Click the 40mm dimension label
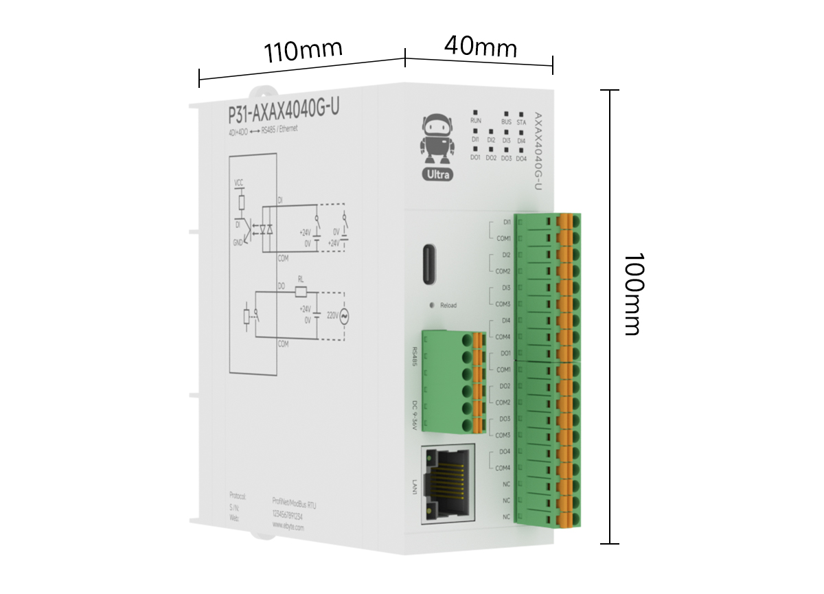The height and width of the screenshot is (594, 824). (x=480, y=47)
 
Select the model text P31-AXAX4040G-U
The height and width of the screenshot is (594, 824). (x=283, y=111)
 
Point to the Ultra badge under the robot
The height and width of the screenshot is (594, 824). (x=437, y=174)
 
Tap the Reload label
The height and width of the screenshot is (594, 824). (x=448, y=306)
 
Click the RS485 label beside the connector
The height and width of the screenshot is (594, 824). (x=414, y=356)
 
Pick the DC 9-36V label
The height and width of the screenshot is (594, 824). (x=414, y=416)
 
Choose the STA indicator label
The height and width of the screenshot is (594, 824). (x=521, y=122)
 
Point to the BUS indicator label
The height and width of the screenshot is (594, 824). (x=506, y=122)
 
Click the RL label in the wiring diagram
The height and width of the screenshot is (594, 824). (x=300, y=279)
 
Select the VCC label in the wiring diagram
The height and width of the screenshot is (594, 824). (x=239, y=183)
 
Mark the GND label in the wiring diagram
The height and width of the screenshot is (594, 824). (x=238, y=242)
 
